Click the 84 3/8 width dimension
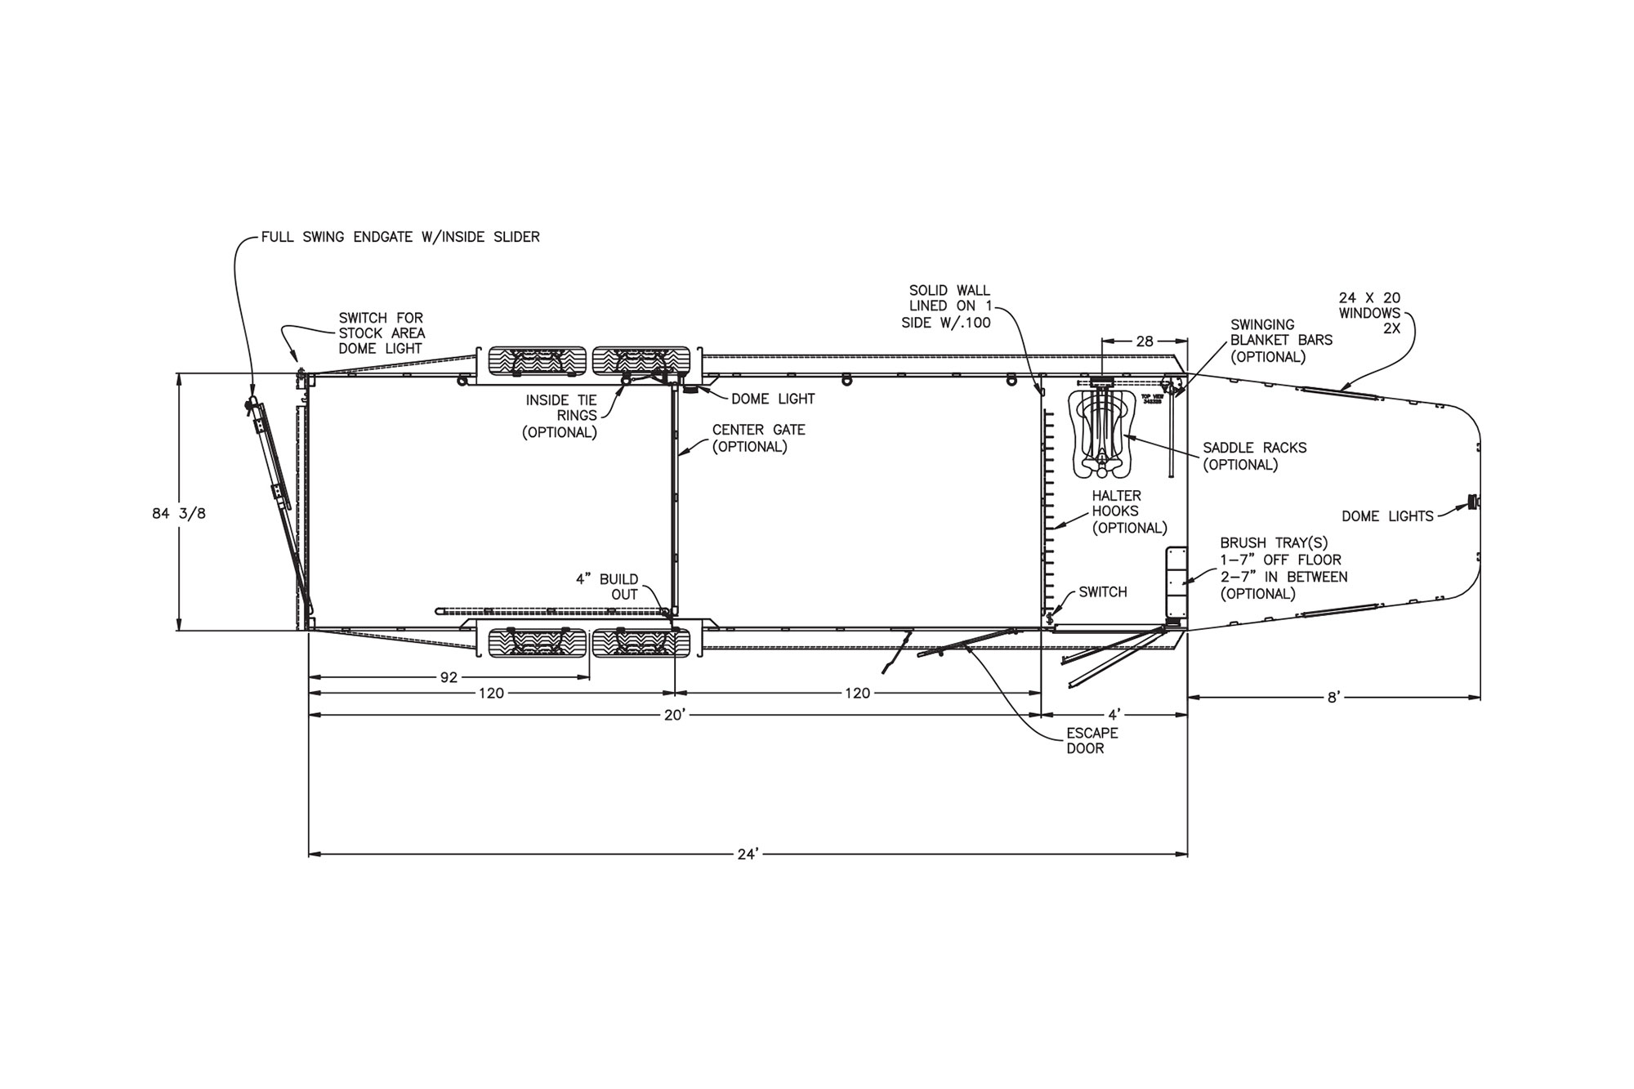coord(179,514)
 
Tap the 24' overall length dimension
coord(748,855)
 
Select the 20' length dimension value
coord(674,716)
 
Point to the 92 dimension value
coord(449,677)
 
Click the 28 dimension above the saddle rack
coord(1145,341)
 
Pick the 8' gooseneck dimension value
coord(1333,697)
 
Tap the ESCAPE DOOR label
coord(1092,741)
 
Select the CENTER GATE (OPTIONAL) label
coord(758,438)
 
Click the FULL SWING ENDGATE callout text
coord(400,237)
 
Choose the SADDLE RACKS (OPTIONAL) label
coord(1254,456)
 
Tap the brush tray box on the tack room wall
coord(1176,582)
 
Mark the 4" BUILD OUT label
coord(607,587)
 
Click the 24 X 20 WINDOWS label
coord(1369,313)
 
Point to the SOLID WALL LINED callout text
coord(949,306)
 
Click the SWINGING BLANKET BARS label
coord(1281,341)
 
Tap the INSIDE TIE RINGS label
coord(560,416)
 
